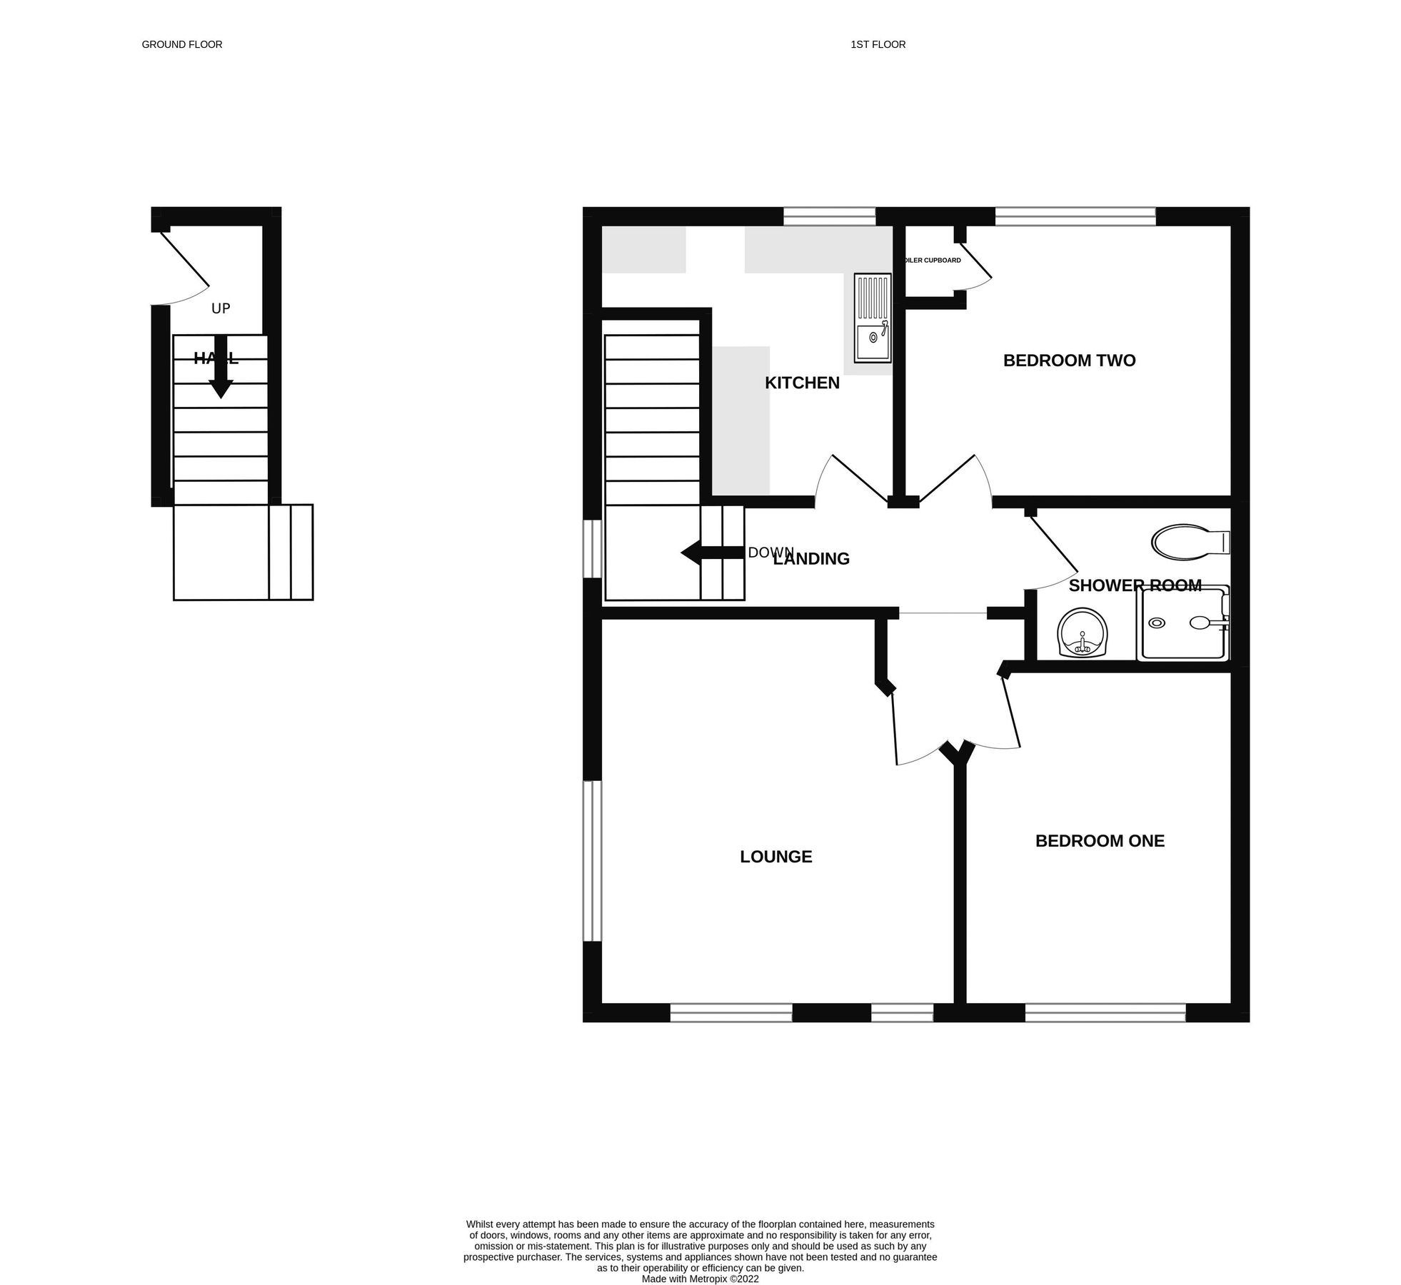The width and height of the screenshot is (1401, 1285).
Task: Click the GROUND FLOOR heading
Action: (181, 44)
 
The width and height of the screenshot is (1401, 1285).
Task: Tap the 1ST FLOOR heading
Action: (877, 44)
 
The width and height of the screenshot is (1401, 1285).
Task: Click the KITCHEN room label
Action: (801, 383)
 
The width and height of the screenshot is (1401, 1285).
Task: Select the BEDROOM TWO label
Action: (1068, 361)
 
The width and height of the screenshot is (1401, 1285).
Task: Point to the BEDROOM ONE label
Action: (1099, 841)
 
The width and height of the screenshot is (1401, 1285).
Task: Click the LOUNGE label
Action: (775, 857)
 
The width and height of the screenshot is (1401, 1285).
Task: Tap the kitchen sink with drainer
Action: (872, 318)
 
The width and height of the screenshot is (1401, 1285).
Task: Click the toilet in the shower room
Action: (1189, 541)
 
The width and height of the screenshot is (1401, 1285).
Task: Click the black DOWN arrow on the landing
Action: (711, 553)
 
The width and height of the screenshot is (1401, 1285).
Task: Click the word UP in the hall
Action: (221, 308)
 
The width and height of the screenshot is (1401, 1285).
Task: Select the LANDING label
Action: (811, 559)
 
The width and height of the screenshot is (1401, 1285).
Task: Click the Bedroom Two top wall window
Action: (1074, 216)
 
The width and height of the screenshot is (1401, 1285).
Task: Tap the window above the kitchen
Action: (828, 216)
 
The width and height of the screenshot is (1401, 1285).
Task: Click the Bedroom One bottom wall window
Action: (1105, 1012)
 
